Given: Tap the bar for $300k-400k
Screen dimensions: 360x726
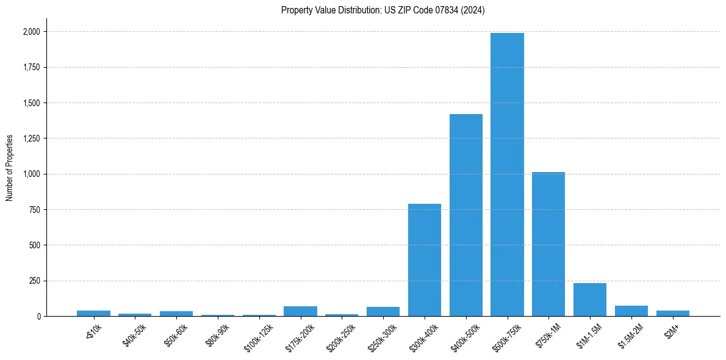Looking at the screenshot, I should (x=425, y=260).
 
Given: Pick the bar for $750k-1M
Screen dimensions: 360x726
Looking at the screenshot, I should (x=548, y=244).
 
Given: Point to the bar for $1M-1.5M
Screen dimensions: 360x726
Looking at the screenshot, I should (x=590, y=300).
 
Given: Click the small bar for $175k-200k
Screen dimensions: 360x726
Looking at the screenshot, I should (x=300, y=311).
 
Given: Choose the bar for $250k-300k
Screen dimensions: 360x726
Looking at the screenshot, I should (x=383, y=312).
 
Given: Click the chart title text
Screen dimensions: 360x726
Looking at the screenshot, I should (x=383, y=10).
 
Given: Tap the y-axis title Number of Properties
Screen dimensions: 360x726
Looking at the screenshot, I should (x=10, y=168).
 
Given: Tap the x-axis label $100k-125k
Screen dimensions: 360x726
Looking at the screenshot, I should (x=257, y=337).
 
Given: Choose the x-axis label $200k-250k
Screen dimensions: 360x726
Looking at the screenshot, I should (x=340, y=337).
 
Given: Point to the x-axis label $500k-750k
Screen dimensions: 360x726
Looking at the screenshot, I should (x=505, y=337).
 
